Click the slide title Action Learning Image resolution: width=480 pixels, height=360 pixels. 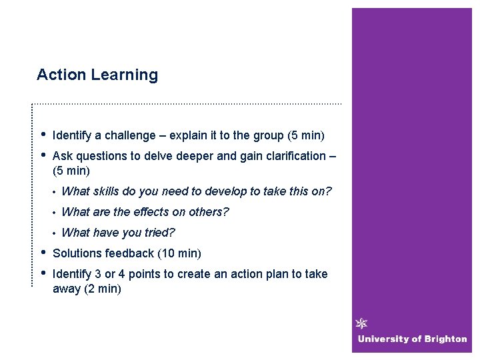[x=97, y=75]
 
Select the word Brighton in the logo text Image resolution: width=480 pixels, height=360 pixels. [x=444, y=339]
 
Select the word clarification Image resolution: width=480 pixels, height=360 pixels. [x=291, y=157]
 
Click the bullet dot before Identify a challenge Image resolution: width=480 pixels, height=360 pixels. [x=43, y=135]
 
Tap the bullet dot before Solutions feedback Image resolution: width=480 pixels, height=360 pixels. [x=43, y=252]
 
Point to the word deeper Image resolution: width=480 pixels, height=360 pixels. [x=191, y=157]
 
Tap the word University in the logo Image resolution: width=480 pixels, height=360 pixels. [x=381, y=339]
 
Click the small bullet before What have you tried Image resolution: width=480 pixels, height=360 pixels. [x=53, y=233]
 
